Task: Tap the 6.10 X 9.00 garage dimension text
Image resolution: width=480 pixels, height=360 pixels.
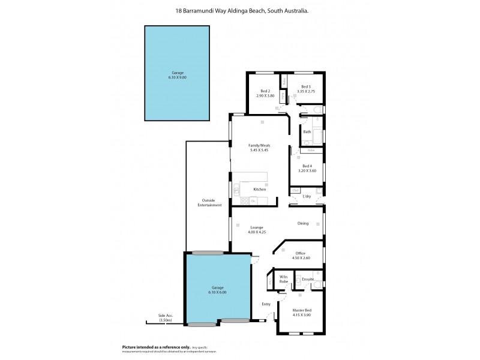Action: (178, 77)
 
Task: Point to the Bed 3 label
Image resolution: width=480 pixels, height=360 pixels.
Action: (306, 87)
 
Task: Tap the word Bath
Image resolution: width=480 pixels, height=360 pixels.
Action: (307, 131)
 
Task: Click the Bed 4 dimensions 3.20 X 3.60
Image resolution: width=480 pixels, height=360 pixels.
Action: (307, 170)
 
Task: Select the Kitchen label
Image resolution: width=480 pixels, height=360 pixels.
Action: (259, 189)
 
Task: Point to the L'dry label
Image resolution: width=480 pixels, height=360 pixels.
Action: (307, 196)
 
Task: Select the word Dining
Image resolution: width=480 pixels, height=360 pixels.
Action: (303, 224)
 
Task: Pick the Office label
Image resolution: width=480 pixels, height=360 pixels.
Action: (300, 253)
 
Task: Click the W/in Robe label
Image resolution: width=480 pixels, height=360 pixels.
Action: (283, 279)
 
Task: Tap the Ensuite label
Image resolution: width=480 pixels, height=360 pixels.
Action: (308, 279)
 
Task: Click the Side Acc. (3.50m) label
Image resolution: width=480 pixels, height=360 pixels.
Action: (165, 319)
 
